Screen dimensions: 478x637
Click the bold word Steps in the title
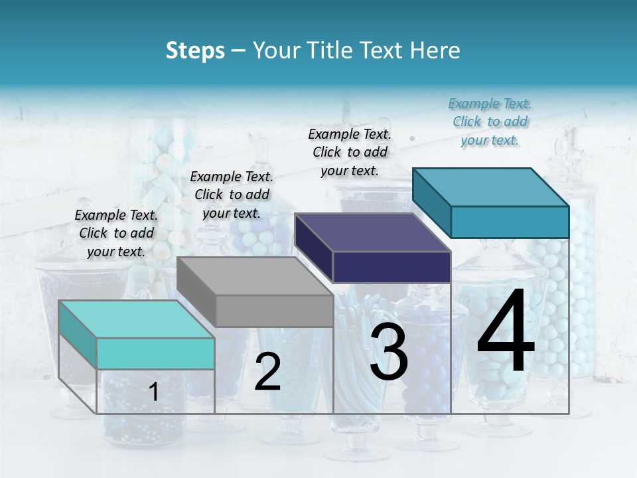pos(195,50)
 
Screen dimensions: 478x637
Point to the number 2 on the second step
pos(267,372)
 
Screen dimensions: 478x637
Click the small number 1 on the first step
pos(154,392)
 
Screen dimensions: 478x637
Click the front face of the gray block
pos(275,311)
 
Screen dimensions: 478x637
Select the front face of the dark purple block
pos(391,267)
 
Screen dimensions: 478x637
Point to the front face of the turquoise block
pos(155,353)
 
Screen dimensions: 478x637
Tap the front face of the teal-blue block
pos(510,222)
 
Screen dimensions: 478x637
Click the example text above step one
pos(116,233)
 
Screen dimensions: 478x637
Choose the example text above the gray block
pos(232,195)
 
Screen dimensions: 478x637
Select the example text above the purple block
pos(350,152)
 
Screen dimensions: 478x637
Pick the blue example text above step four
pos(490,121)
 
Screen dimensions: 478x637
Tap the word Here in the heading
pos(435,50)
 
